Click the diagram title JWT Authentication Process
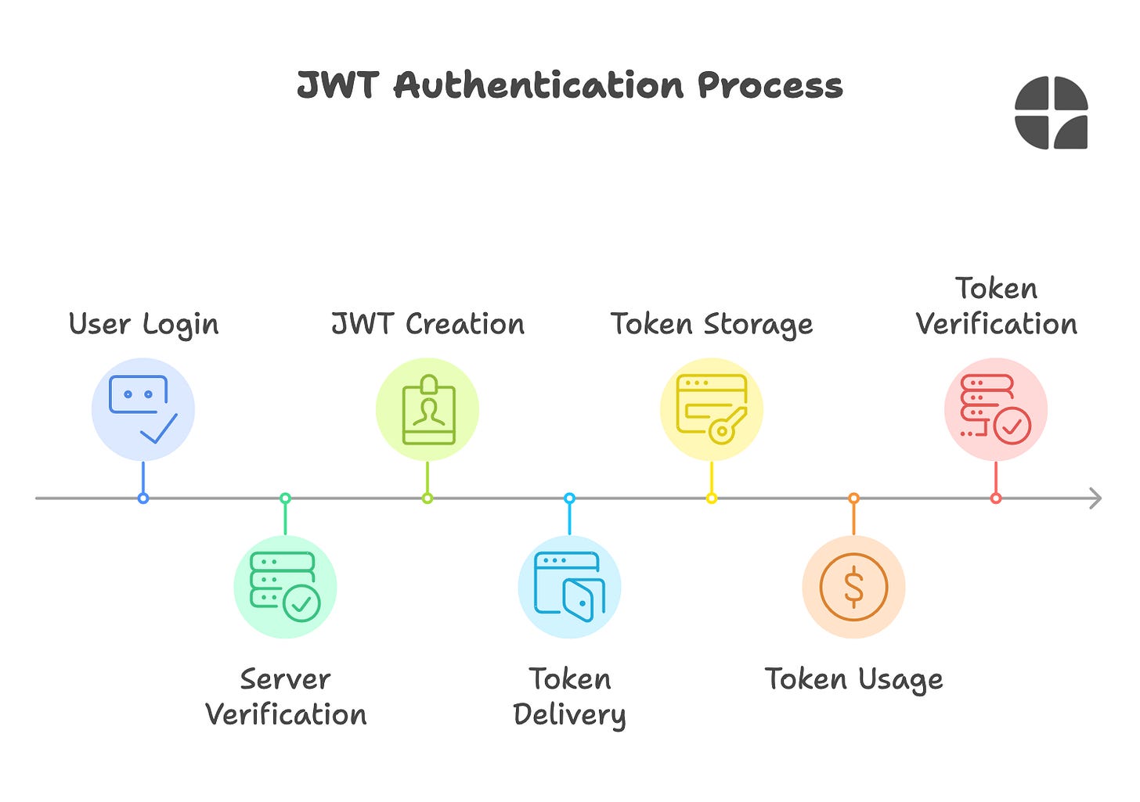(x=570, y=85)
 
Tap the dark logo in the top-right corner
(x=1051, y=113)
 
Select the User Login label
(x=143, y=324)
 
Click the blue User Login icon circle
(x=143, y=409)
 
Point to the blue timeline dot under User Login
(x=143, y=498)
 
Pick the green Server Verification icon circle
(x=285, y=587)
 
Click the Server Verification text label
(x=285, y=696)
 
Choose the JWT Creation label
(x=427, y=324)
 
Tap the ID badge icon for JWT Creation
(x=427, y=409)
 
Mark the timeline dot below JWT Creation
(x=427, y=498)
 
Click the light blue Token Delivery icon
(x=569, y=587)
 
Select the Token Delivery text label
(x=569, y=696)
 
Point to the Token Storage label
(x=711, y=324)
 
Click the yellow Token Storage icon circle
(x=711, y=409)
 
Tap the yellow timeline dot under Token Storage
(x=711, y=498)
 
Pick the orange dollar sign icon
(x=853, y=587)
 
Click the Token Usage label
(x=853, y=679)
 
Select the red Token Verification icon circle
(x=995, y=409)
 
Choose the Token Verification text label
(x=996, y=306)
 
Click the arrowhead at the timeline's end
(x=1095, y=498)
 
